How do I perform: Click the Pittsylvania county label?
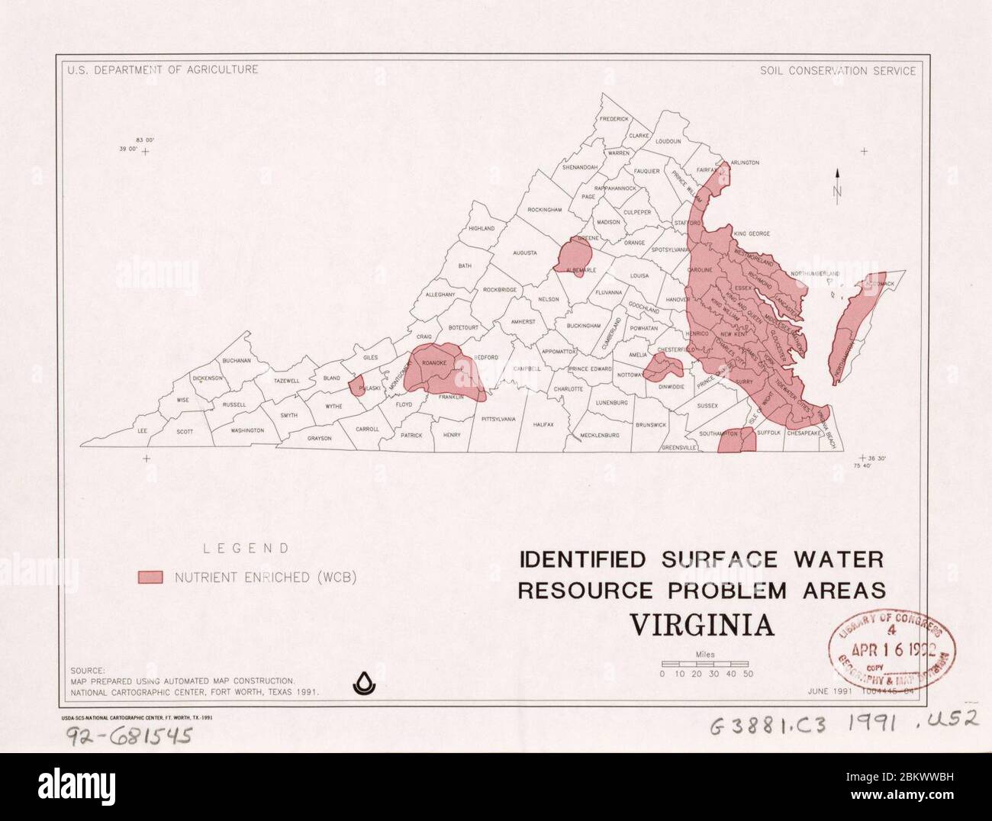(498, 419)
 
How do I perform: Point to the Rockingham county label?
(544, 209)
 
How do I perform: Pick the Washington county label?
(246, 430)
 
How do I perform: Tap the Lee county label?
(142, 431)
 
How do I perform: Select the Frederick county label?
(614, 119)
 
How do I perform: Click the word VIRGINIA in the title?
(701, 625)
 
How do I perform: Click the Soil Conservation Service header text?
(837, 70)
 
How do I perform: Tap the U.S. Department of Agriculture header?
(162, 69)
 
